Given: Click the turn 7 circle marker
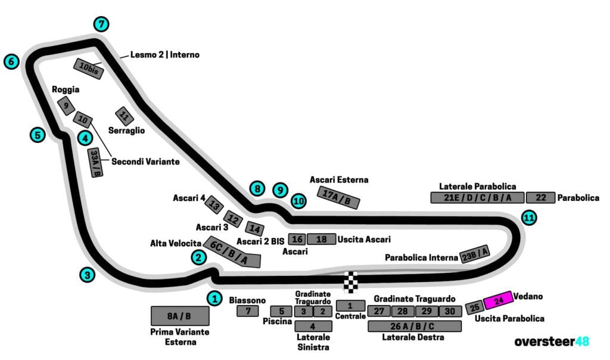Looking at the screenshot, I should (x=102, y=24).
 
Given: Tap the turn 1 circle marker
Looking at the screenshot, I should (x=214, y=298).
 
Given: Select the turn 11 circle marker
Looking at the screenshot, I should (x=528, y=218).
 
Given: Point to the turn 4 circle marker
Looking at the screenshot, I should (x=85, y=138).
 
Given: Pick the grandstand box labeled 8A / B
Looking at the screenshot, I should (x=179, y=316).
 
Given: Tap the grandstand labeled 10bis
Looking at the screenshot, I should (x=89, y=69).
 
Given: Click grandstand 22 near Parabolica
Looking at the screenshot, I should (x=540, y=198).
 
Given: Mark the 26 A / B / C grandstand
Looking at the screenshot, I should (x=415, y=326).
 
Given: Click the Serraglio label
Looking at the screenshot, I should (x=126, y=130).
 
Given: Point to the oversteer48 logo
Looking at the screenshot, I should (x=552, y=342).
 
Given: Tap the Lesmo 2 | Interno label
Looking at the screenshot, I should (x=165, y=55).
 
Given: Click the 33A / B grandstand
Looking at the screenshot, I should (x=95, y=163).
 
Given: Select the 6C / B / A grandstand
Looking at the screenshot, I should (x=232, y=252).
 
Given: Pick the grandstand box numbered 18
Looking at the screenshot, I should (x=322, y=239).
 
